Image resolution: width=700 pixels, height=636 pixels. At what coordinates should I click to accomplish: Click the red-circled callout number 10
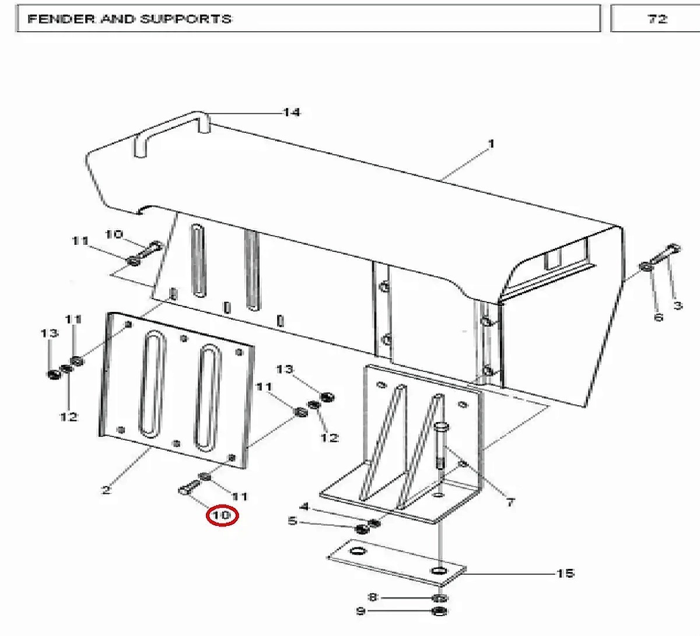click(222, 515)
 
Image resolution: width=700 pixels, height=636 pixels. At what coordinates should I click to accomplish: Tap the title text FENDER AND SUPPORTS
click(129, 19)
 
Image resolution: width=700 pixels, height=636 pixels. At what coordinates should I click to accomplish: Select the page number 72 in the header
click(657, 19)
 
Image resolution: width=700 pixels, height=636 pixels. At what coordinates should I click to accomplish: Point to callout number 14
click(292, 113)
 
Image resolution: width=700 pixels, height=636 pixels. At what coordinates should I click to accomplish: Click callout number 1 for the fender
click(491, 144)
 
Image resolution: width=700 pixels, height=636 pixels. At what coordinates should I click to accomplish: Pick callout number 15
click(565, 573)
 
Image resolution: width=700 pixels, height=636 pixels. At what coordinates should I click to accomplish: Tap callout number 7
click(510, 503)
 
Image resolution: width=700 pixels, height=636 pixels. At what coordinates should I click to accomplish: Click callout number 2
click(106, 490)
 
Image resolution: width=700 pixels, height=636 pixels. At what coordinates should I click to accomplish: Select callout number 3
click(677, 305)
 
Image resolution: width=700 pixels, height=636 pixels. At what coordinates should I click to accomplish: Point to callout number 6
click(658, 317)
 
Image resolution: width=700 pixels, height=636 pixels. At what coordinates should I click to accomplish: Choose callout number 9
click(361, 611)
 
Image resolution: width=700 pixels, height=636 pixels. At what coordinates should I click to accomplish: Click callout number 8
click(373, 598)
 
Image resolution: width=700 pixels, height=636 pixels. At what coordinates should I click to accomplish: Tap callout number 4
click(304, 506)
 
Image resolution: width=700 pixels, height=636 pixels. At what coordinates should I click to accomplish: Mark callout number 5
click(292, 521)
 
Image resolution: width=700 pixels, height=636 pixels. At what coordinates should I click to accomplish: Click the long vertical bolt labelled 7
click(441, 446)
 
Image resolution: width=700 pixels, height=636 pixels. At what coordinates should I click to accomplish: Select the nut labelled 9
click(439, 612)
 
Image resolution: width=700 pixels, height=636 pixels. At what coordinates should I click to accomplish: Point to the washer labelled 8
click(439, 598)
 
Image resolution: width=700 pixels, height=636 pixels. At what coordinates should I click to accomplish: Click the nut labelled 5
click(362, 529)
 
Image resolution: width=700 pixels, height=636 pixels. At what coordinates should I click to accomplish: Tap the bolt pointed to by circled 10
click(190, 487)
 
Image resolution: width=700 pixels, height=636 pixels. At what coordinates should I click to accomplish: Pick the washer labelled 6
click(646, 267)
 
